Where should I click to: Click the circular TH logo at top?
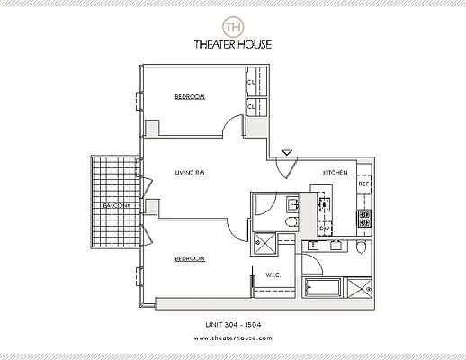(233, 22)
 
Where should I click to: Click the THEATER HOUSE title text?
(233, 44)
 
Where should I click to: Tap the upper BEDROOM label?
(190, 96)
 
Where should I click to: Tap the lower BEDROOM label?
(190, 259)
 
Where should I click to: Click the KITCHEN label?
(336, 172)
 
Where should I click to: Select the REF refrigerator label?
(364, 185)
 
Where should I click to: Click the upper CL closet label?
(252, 85)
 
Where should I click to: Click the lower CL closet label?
(252, 107)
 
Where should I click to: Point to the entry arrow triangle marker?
(287, 154)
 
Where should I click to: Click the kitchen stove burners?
(365, 217)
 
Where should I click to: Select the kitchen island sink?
(322, 203)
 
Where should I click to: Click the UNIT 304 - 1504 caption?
(233, 323)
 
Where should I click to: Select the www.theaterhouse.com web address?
(233, 339)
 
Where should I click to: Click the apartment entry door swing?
(286, 167)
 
